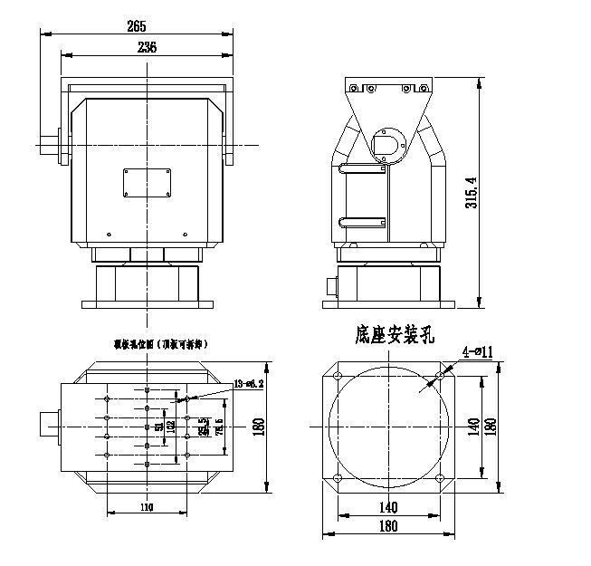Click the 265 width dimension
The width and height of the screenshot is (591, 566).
pos(138,27)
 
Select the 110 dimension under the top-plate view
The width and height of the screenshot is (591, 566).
pos(147,507)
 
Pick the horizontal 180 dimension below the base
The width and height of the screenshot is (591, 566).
pos(389,525)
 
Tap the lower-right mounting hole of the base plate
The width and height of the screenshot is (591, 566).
pos(441,479)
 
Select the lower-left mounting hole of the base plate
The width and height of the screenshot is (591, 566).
pos(338,479)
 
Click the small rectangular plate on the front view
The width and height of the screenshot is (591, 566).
pos(148,181)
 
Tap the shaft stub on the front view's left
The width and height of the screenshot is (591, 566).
pos(49,145)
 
